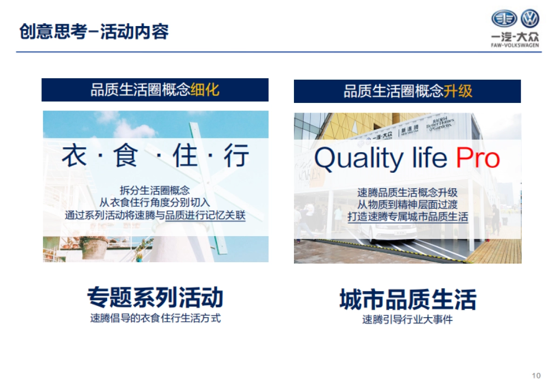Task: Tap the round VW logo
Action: pos(530,19)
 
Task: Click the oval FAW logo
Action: pos(504,19)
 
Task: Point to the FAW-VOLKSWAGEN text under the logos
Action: pos(515,46)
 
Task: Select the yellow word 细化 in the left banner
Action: pos(205,90)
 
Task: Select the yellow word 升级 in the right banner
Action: pos(457,91)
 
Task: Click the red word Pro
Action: pos(477,158)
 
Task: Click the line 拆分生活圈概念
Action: pos(155,190)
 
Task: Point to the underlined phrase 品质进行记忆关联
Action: pos(205,215)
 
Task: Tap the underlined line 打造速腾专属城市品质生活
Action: pos(408,217)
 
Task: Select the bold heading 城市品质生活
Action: pos(408,299)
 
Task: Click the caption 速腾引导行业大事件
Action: pos(408,320)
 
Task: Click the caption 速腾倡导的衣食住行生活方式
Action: pos(155,319)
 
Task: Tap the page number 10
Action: pos(536,375)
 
